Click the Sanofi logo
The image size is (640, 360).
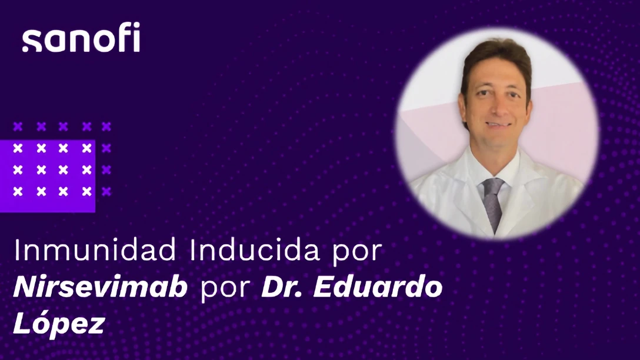pos(81,39)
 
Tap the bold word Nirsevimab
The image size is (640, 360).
pos(101,289)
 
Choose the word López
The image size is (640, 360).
pos(58,325)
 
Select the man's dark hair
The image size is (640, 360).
pos(494,56)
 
